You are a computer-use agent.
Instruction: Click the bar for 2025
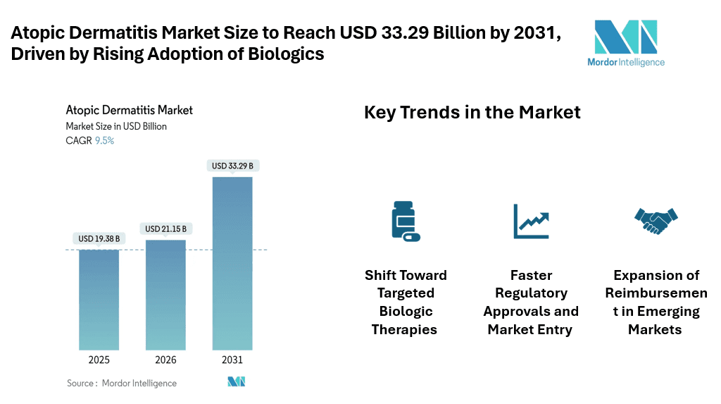(99, 300)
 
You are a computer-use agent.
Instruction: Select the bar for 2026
(165, 295)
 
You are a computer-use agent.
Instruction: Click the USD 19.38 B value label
(99, 239)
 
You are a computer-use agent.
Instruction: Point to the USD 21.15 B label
(165, 229)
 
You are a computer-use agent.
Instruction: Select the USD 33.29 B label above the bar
(232, 166)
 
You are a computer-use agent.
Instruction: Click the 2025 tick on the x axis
(99, 360)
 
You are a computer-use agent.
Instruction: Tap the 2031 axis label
(232, 360)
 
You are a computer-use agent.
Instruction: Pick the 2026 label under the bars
(165, 360)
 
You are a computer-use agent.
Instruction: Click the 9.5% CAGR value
(104, 140)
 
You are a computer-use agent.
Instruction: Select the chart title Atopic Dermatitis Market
(129, 110)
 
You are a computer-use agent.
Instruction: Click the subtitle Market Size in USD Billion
(116, 126)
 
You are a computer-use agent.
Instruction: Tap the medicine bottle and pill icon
(404, 221)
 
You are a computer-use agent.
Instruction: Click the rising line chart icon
(531, 221)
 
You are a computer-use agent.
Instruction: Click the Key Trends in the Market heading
(472, 112)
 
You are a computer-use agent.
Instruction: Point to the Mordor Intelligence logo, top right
(626, 42)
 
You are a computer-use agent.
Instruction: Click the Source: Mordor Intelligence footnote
(122, 383)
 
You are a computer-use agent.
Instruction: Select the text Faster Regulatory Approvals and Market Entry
(531, 302)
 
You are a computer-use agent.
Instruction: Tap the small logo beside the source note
(235, 381)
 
